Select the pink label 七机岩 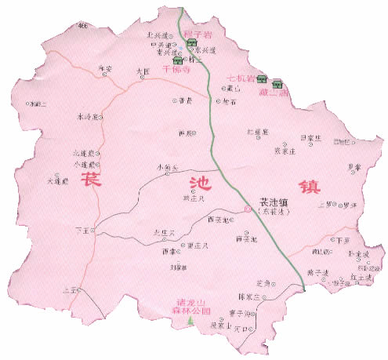coord(238,79)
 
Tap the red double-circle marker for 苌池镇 coord(248,209)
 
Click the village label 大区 coord(142,71)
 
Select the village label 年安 coord(105,69)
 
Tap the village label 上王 coord(76,290)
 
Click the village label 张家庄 coord(284,151)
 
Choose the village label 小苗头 coord(166,166)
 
